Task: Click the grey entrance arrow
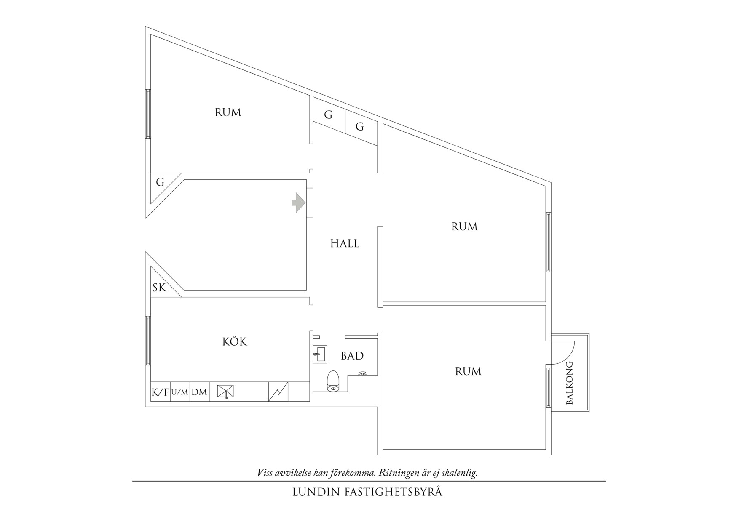(x=299, y=202)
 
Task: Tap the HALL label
(x=345, y=244)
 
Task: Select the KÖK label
(x=235, y=341)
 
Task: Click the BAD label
(x=352, y=356)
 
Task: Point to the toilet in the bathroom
(x=333, y=381)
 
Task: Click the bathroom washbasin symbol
(x=320, y=354)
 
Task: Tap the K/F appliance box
(x=160, y=392)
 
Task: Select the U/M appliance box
(x=180, y=392)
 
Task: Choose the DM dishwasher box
(x=199, y=392)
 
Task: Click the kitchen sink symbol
(x=225, y=391)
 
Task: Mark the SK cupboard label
(x=159, y=288)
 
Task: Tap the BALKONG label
(x=570, y=383)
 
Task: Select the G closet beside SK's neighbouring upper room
(x=160, y=183)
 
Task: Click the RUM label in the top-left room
(x=228, y=112)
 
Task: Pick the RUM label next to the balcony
(x=468, y=371)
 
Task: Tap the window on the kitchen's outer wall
(x=148, y=340)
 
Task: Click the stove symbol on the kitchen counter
(x=278, y=391)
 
